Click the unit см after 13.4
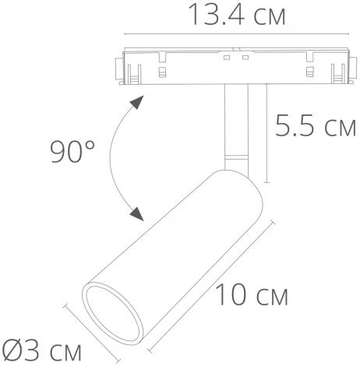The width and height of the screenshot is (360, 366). (262, 16)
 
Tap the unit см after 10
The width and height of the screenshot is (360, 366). (271, 297)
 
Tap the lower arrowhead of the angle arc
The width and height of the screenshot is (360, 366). (138, 213)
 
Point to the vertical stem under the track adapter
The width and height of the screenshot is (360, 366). (235, 125)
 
